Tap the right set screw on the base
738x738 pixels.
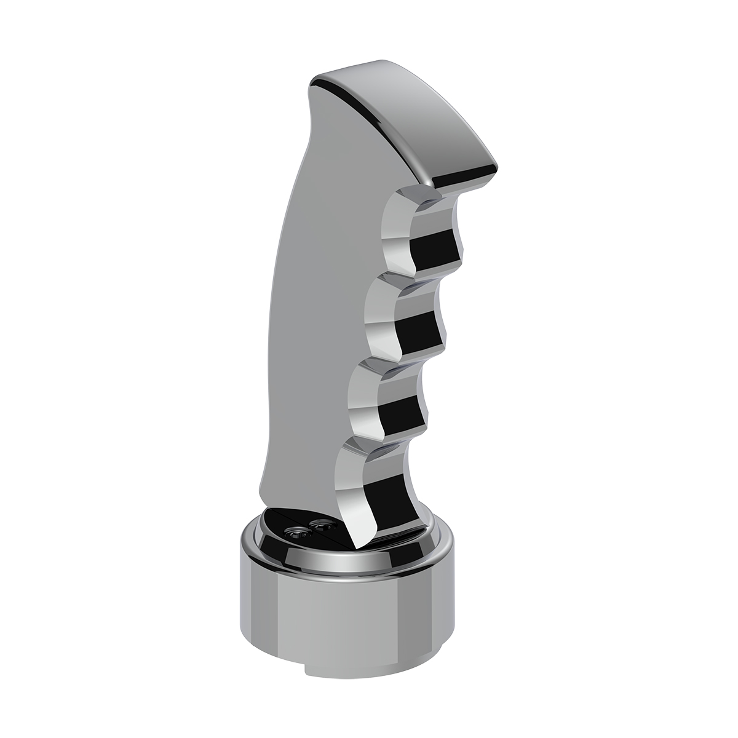click(320, 526)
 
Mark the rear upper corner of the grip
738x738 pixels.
click(320, 86)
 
